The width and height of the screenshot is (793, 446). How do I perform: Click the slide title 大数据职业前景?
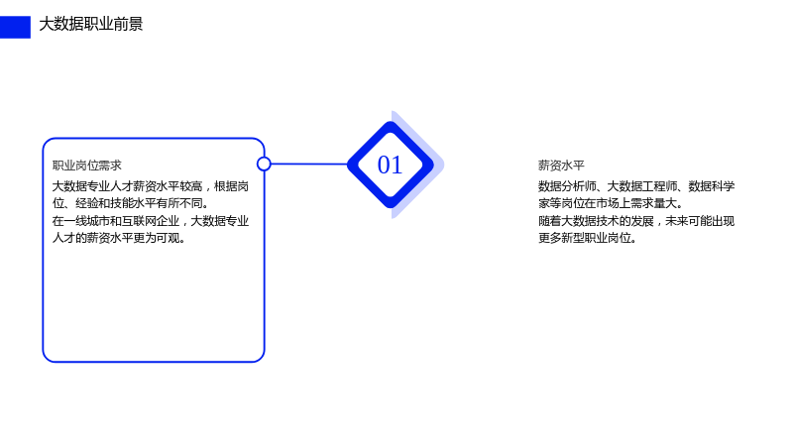click(91, 24)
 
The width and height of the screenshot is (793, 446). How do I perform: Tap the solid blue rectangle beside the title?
click(15, 28)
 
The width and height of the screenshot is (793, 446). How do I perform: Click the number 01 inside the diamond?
click(390, 165)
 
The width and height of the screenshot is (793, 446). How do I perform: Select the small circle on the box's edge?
click(264, 164)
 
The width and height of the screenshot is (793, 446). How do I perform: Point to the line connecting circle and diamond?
click(309, 164)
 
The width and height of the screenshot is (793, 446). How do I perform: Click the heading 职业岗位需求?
click(87, 166)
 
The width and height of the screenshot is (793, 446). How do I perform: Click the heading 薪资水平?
click(561, 166)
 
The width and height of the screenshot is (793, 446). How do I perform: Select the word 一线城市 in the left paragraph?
click(87, 221)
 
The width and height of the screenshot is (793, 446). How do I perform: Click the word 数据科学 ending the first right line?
click(712, 186)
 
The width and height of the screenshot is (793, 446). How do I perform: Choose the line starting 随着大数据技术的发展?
click(636, 221)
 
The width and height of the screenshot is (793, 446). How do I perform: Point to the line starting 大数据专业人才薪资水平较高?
click(151, 186)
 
